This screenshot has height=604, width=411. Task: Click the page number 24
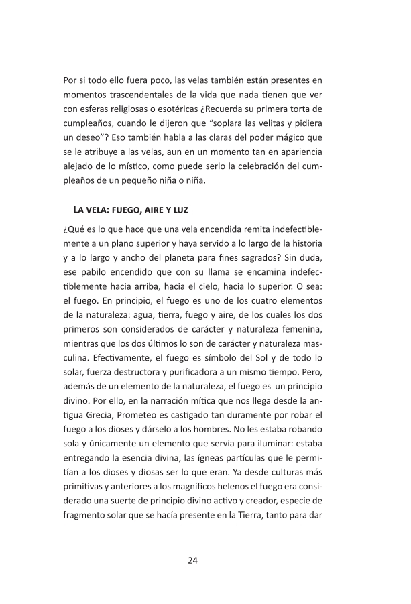coord(193,560)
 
